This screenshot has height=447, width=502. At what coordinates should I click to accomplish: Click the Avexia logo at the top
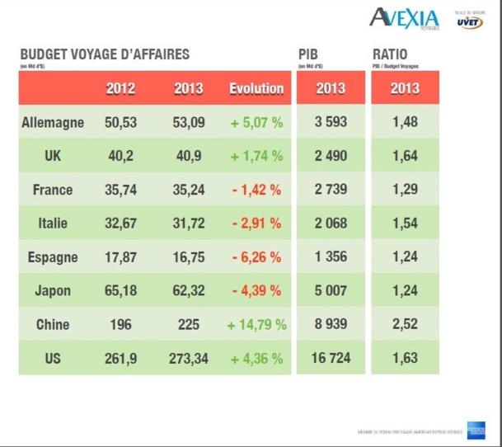[x=405, y=17]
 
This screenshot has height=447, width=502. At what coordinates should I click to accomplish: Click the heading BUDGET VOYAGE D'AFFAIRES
[x=105, y=54]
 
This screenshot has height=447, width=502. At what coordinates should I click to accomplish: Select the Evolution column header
[x=256, y=88]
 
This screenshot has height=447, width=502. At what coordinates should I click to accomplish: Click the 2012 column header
[x=120, y=88]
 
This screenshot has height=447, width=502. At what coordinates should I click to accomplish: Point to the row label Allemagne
[x=53, y=122]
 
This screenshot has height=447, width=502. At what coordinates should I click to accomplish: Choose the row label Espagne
[x=53, y=257]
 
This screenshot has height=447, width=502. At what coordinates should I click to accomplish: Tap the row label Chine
[x=53, y=325]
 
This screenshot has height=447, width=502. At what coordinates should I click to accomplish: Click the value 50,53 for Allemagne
[x=120, y=122]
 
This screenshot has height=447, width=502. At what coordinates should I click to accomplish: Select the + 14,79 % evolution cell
[x=256, y=325]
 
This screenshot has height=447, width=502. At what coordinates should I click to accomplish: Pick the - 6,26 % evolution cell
[x=256, y=257]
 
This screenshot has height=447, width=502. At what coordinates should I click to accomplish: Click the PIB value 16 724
[x=330, y=359]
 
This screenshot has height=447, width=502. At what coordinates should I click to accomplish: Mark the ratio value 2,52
[x=405, y=325]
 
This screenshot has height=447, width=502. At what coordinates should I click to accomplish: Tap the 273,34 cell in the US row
[x=189, y=359]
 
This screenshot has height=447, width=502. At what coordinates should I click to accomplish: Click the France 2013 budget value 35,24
[x=189, y=190]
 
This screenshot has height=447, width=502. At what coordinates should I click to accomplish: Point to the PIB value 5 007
[x=330, y=291]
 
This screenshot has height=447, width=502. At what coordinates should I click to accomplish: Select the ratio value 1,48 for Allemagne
[x=405, y=122]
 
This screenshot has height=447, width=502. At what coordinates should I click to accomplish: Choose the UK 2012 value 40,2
[x=120, y=156]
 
